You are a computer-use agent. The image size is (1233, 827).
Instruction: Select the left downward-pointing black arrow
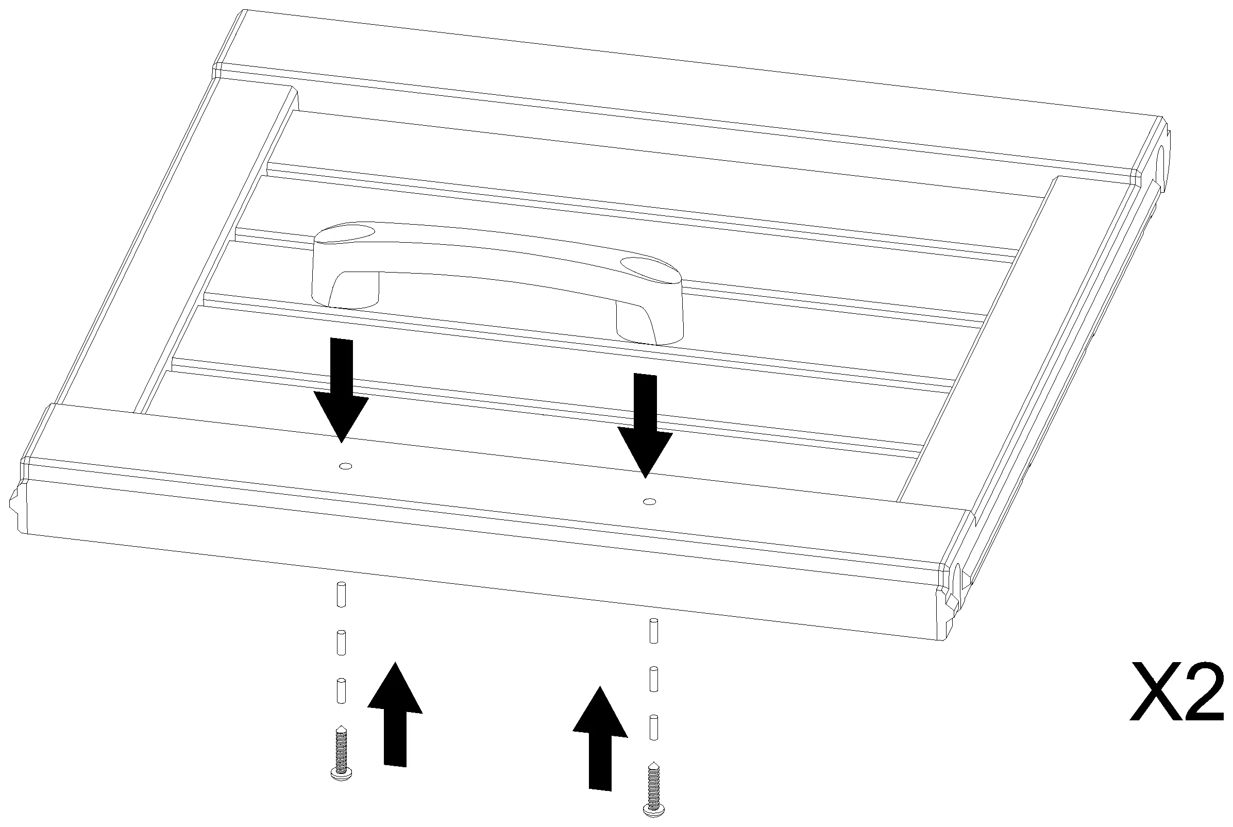coord(341,390)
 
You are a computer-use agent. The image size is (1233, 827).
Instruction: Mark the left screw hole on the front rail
coord(346,466)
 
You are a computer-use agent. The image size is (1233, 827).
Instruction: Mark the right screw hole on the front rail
coord(650,501)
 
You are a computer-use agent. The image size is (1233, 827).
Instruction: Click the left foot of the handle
coord(345,288)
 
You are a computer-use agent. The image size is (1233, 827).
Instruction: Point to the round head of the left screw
coord(341,774)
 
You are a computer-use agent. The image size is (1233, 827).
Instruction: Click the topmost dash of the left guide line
coord(341,595)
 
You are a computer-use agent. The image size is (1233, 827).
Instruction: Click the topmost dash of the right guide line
coord(654,631)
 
